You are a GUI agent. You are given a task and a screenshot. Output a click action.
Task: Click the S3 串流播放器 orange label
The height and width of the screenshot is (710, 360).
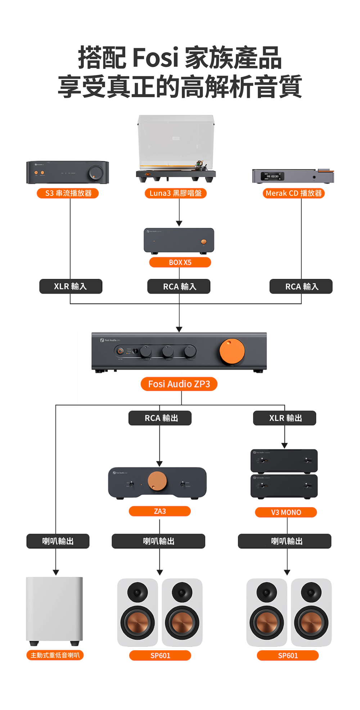68,193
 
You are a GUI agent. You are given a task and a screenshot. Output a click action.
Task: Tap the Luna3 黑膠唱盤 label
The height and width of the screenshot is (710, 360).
176,193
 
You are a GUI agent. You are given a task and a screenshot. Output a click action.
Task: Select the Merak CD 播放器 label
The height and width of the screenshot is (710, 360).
294,193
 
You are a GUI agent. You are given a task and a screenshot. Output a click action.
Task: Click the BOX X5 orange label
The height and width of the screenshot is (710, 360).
180,262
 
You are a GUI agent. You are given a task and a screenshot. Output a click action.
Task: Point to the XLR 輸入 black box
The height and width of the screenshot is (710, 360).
71,287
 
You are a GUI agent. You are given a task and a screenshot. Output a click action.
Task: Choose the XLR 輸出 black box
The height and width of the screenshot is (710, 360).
285,418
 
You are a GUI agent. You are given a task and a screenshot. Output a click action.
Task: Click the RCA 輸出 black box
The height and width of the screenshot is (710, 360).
160,418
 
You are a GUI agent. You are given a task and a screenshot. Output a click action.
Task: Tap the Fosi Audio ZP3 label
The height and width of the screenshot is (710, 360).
179,384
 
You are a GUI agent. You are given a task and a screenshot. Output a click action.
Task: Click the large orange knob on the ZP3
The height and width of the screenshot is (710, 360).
232,351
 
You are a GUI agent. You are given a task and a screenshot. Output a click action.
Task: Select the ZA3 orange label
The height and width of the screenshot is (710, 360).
160,511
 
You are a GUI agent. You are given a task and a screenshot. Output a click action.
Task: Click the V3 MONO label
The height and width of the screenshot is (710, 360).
286,512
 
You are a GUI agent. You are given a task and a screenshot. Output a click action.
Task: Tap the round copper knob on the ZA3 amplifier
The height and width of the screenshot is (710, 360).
157,481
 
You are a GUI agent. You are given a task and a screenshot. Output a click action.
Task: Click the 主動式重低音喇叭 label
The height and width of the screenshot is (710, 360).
55,655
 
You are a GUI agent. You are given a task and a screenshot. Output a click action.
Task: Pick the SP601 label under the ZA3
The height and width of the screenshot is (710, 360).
160,656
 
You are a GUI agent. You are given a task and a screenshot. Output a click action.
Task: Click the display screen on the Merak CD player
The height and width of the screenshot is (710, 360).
273,176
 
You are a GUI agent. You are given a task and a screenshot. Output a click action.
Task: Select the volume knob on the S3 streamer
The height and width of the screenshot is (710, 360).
96,172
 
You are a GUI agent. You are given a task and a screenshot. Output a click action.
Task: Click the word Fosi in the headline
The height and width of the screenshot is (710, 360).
155,58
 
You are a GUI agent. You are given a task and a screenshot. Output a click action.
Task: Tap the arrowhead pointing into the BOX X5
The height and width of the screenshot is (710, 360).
179,224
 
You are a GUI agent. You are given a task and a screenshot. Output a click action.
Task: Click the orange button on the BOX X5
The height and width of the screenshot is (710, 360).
204,242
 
